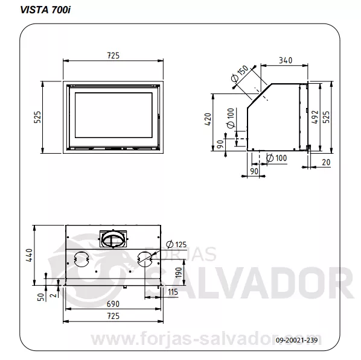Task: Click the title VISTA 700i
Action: click(x=45, y=10)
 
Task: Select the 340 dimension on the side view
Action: click(x=286, y=60)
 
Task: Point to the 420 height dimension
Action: click(x=208, y=119)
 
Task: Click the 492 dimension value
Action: click(x=315, y=117)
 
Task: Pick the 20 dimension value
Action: click(x=326, y=162)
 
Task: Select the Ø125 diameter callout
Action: click(x=176, y=244)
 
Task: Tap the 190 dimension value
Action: click(x=179, y=273)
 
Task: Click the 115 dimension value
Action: click(x=173, y=292)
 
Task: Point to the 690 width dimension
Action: click(x=113, y=304)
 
